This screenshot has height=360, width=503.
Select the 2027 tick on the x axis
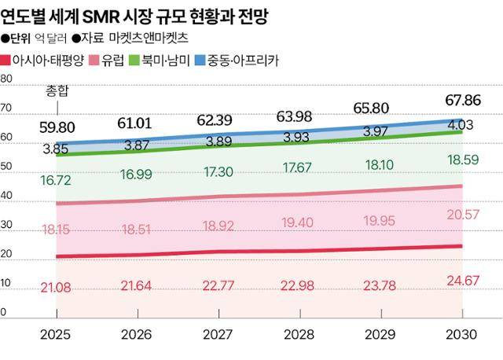click(x=218, y=334)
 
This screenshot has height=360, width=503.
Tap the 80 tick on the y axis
click(x=6, y=79)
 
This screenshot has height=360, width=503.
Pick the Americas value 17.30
click(x=218, y=171)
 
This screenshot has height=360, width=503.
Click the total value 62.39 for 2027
click(x=218, y=120)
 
